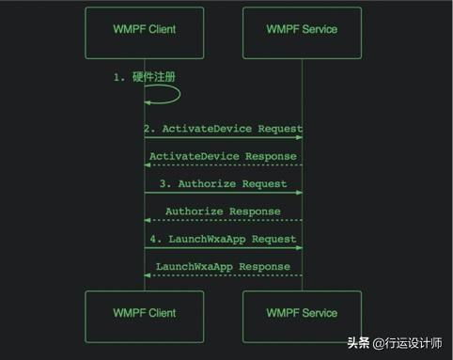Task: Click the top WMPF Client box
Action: click(x=143, y=29)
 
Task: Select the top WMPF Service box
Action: click(x=301, y=29)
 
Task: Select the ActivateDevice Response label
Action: click(x=223, y=155)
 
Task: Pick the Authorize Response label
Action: click(x=223, y=211)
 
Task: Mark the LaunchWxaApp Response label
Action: click(x=223, y=267)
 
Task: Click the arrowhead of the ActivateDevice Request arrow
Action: click(x=298, y=138)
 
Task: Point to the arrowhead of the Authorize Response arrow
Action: click(x=148, y=221)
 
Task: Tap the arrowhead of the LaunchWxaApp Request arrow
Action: click(x=298, y=248)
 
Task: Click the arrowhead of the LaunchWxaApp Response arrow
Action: click(x=148, y=275)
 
